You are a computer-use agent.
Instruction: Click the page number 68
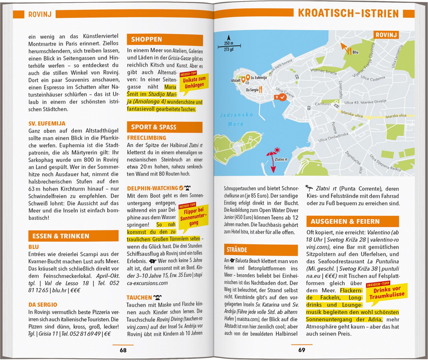pos(123,350)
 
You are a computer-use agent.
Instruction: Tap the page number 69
pos(302,350)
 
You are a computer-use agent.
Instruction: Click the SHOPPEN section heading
pos(147,40)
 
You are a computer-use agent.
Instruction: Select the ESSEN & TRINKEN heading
pos(61,236)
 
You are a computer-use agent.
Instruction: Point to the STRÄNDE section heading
pos(237,250)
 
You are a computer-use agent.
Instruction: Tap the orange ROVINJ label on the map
pos(386,35)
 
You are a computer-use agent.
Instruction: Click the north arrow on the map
pos(228,38)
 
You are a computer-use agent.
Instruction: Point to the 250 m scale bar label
pos(229,43)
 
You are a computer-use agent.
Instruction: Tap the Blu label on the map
pos(355,52)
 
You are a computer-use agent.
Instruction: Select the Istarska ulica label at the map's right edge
pos(395,116)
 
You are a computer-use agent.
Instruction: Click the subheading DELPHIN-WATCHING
pos(152,188)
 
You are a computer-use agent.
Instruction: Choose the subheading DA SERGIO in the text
pos(43,305)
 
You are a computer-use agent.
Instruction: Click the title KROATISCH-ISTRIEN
pos(348,13)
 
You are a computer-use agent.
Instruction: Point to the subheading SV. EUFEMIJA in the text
pos(47,124)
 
